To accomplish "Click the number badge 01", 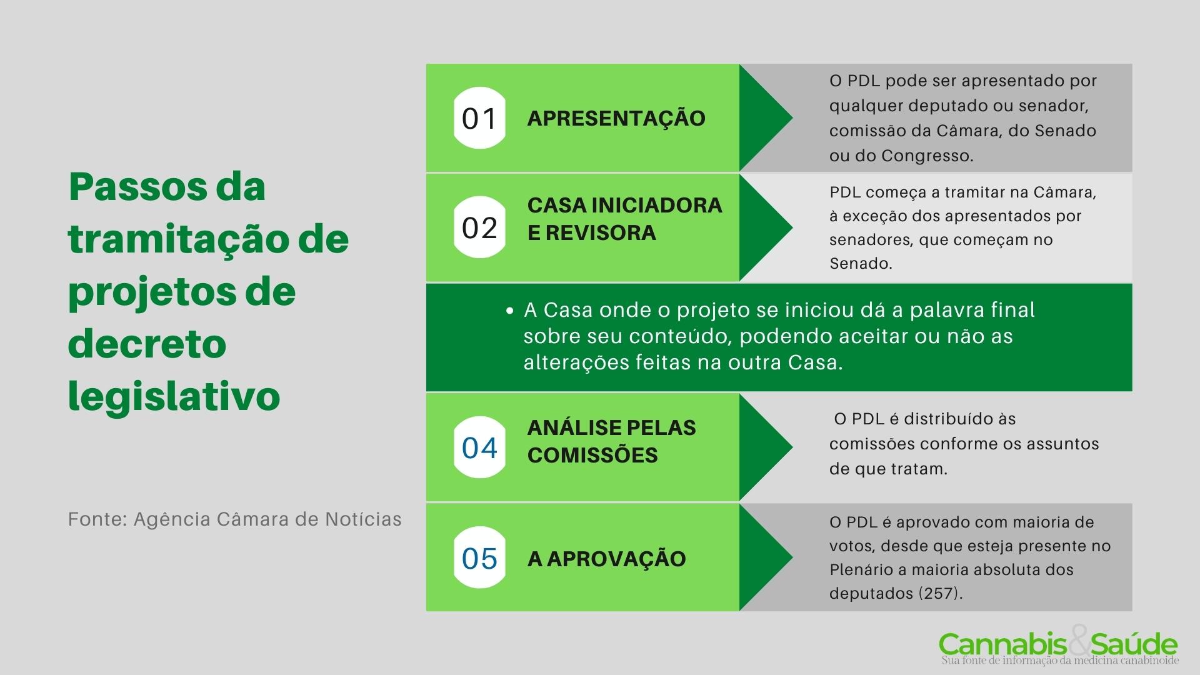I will (479, 118).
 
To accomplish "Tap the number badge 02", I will (479, 227).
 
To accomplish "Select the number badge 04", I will (479, 447).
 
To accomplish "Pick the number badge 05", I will (479, 558).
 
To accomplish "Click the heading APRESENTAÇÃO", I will (616, 118).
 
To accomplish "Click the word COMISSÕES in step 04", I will (592, 455).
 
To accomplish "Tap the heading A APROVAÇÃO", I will (606, 558).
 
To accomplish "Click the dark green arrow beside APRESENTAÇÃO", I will (764, 117).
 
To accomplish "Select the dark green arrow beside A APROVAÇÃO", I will (764, 557).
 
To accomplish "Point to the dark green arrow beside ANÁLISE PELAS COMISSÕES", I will (764, 447).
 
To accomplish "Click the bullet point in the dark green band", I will (510, 311).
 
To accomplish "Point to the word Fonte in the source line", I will (96, 519).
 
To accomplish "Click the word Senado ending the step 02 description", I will (859, 263).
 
